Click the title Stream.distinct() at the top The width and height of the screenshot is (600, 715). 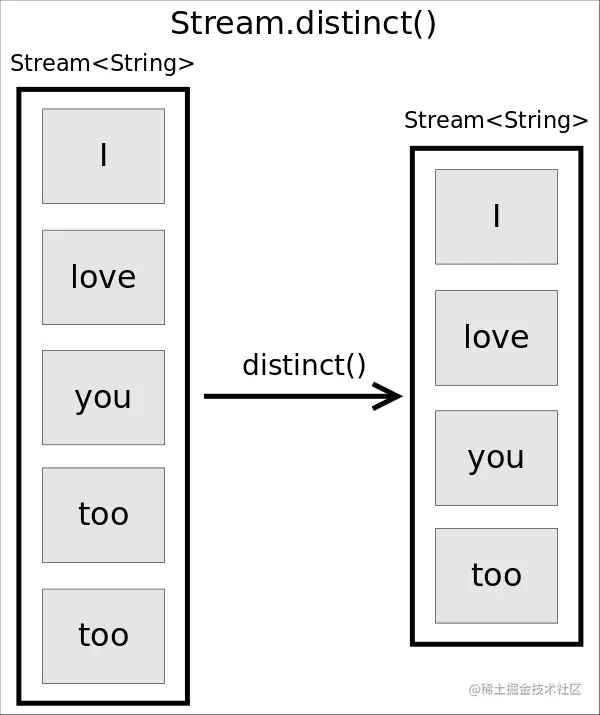[x=303, y=22]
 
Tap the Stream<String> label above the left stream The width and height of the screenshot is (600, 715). [x=102, y=64]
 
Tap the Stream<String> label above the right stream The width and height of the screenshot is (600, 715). [x=496, y=121]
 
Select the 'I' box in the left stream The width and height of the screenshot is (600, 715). [x=103, y=156]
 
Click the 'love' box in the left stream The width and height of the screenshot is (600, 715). [x=103, y=277]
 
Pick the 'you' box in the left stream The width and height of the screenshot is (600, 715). [x=103, y=397]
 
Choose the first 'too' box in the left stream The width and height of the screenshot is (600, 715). [x=103, y=515]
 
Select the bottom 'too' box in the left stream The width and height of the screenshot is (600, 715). [x=103, y=636]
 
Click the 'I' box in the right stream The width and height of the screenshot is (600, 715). [x=496, y=216]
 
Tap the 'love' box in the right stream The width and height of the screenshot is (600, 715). [x=496, y=337]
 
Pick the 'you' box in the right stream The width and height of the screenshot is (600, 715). [x=496, y=457]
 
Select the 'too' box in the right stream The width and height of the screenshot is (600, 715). [x=496, y=575]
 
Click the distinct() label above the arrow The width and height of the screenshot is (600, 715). [x=304, y=365]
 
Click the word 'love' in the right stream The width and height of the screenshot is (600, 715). [x=496, y=337]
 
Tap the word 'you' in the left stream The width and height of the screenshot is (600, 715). [x=103, y=398]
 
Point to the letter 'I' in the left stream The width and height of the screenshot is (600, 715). [x=103, y=156]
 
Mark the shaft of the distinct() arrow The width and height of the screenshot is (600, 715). [x=290, y=397]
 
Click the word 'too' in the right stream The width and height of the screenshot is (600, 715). [x=496, y=575]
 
